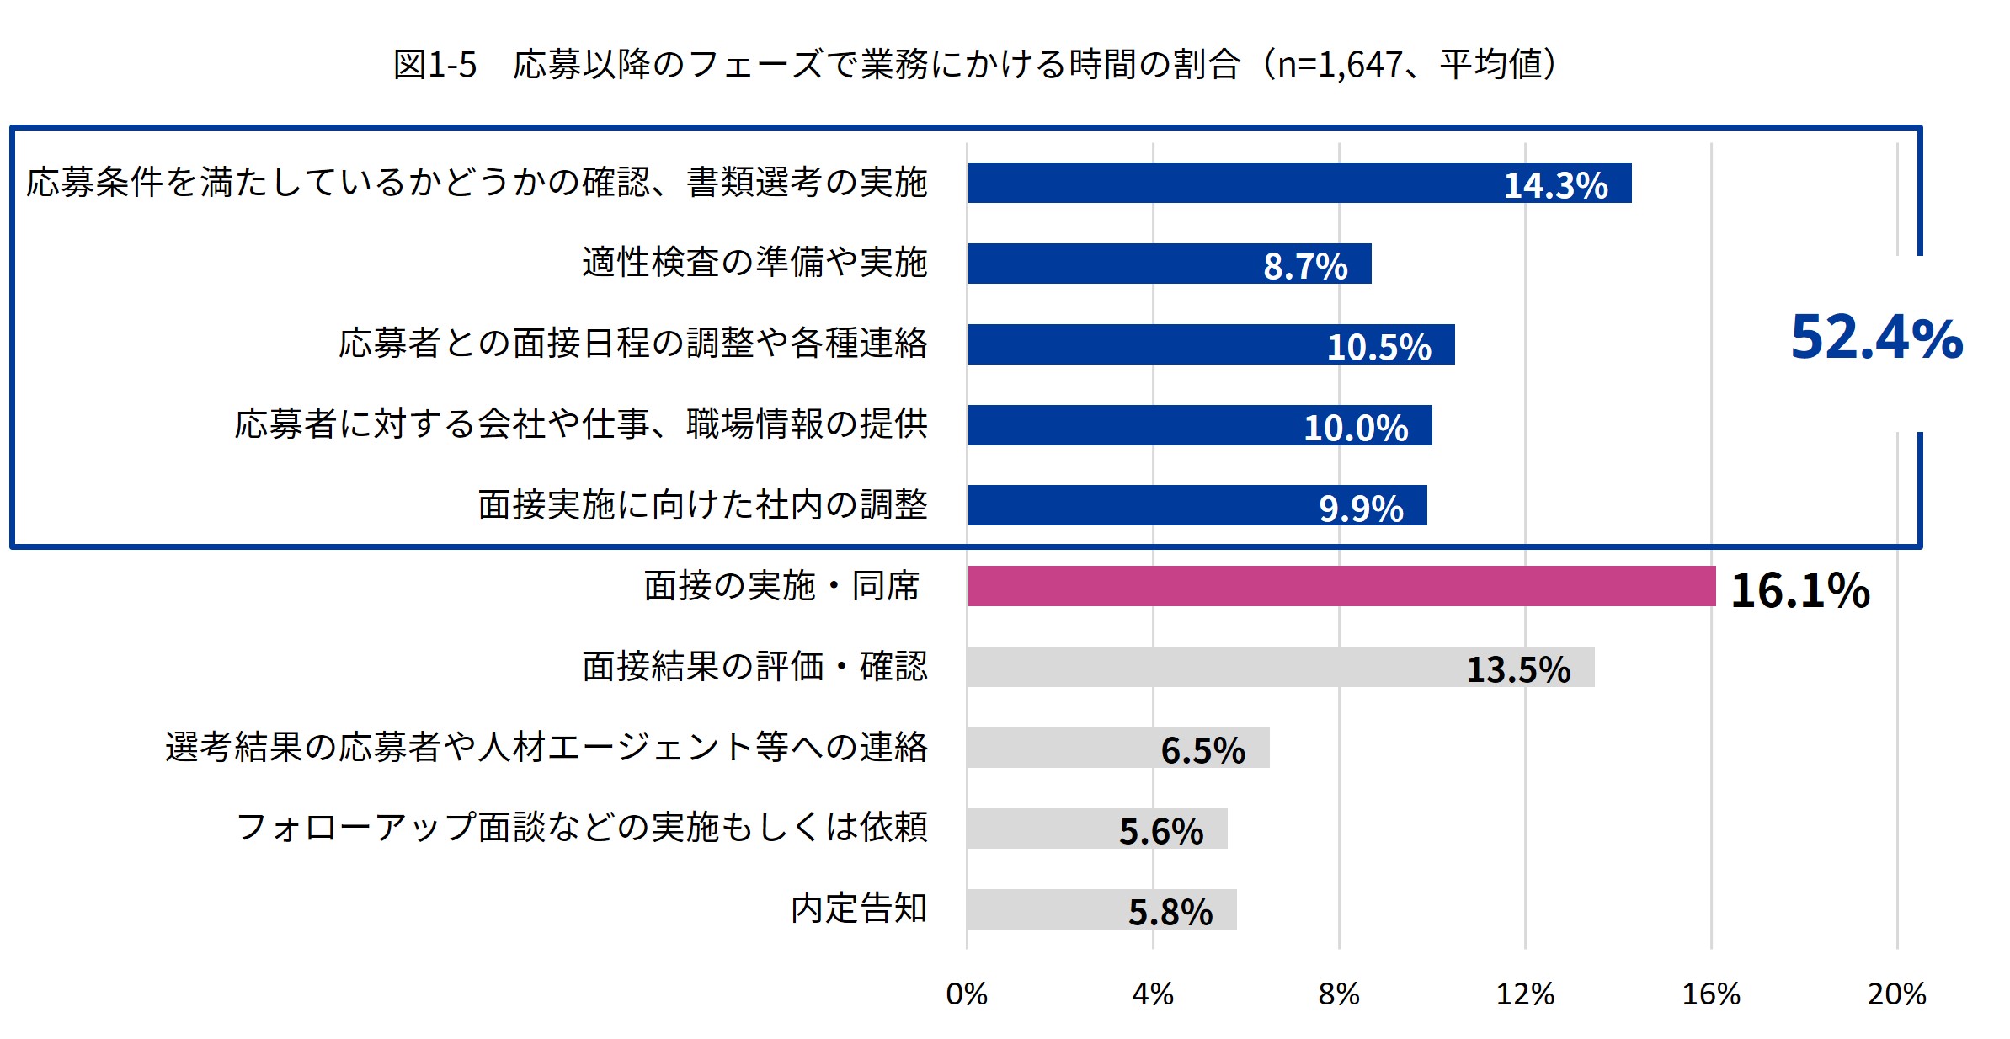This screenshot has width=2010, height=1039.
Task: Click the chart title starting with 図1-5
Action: [975, 64]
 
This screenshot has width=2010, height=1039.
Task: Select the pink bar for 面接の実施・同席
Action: [1341, 586]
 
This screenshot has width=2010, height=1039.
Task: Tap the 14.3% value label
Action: [1555, 185]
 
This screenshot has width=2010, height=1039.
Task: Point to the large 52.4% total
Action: [1876, 338]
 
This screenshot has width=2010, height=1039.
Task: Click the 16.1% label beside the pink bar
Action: [1799, 590]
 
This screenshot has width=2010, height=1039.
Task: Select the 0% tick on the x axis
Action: [967, 994]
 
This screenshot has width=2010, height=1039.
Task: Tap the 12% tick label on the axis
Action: [1524, 994]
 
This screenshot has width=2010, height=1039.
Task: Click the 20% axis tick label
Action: [1896, 994]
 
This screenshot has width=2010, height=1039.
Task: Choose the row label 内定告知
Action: [859, 908]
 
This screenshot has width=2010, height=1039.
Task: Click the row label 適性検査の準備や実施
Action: [754, 263]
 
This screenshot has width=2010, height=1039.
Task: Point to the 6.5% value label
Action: [1202, 750]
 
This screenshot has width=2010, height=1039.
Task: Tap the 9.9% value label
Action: [1361, 509]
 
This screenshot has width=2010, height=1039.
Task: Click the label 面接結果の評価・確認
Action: [754, 667]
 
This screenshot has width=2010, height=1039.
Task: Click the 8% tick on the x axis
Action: [1338, 994]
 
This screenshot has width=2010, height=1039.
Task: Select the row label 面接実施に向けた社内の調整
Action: [702, 505]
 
